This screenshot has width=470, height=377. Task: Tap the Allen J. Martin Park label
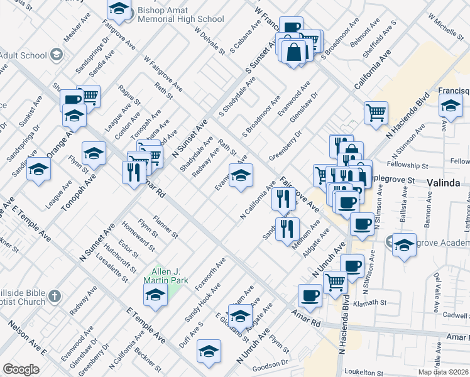165,275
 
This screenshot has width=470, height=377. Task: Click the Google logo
21,369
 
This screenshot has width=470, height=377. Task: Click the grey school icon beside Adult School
57,54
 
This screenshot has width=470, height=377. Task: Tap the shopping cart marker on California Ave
376,112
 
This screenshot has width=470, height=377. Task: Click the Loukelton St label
364,373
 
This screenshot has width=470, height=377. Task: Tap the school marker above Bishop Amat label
118,9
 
